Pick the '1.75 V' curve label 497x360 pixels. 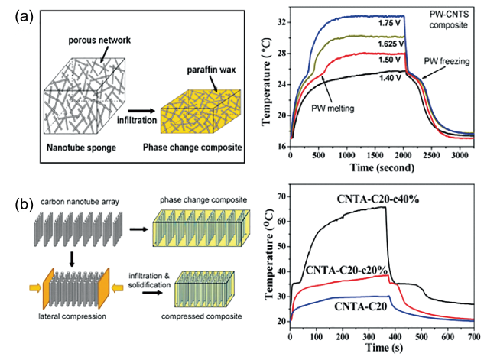coord(389,23)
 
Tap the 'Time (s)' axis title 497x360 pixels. coord(382,347)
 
